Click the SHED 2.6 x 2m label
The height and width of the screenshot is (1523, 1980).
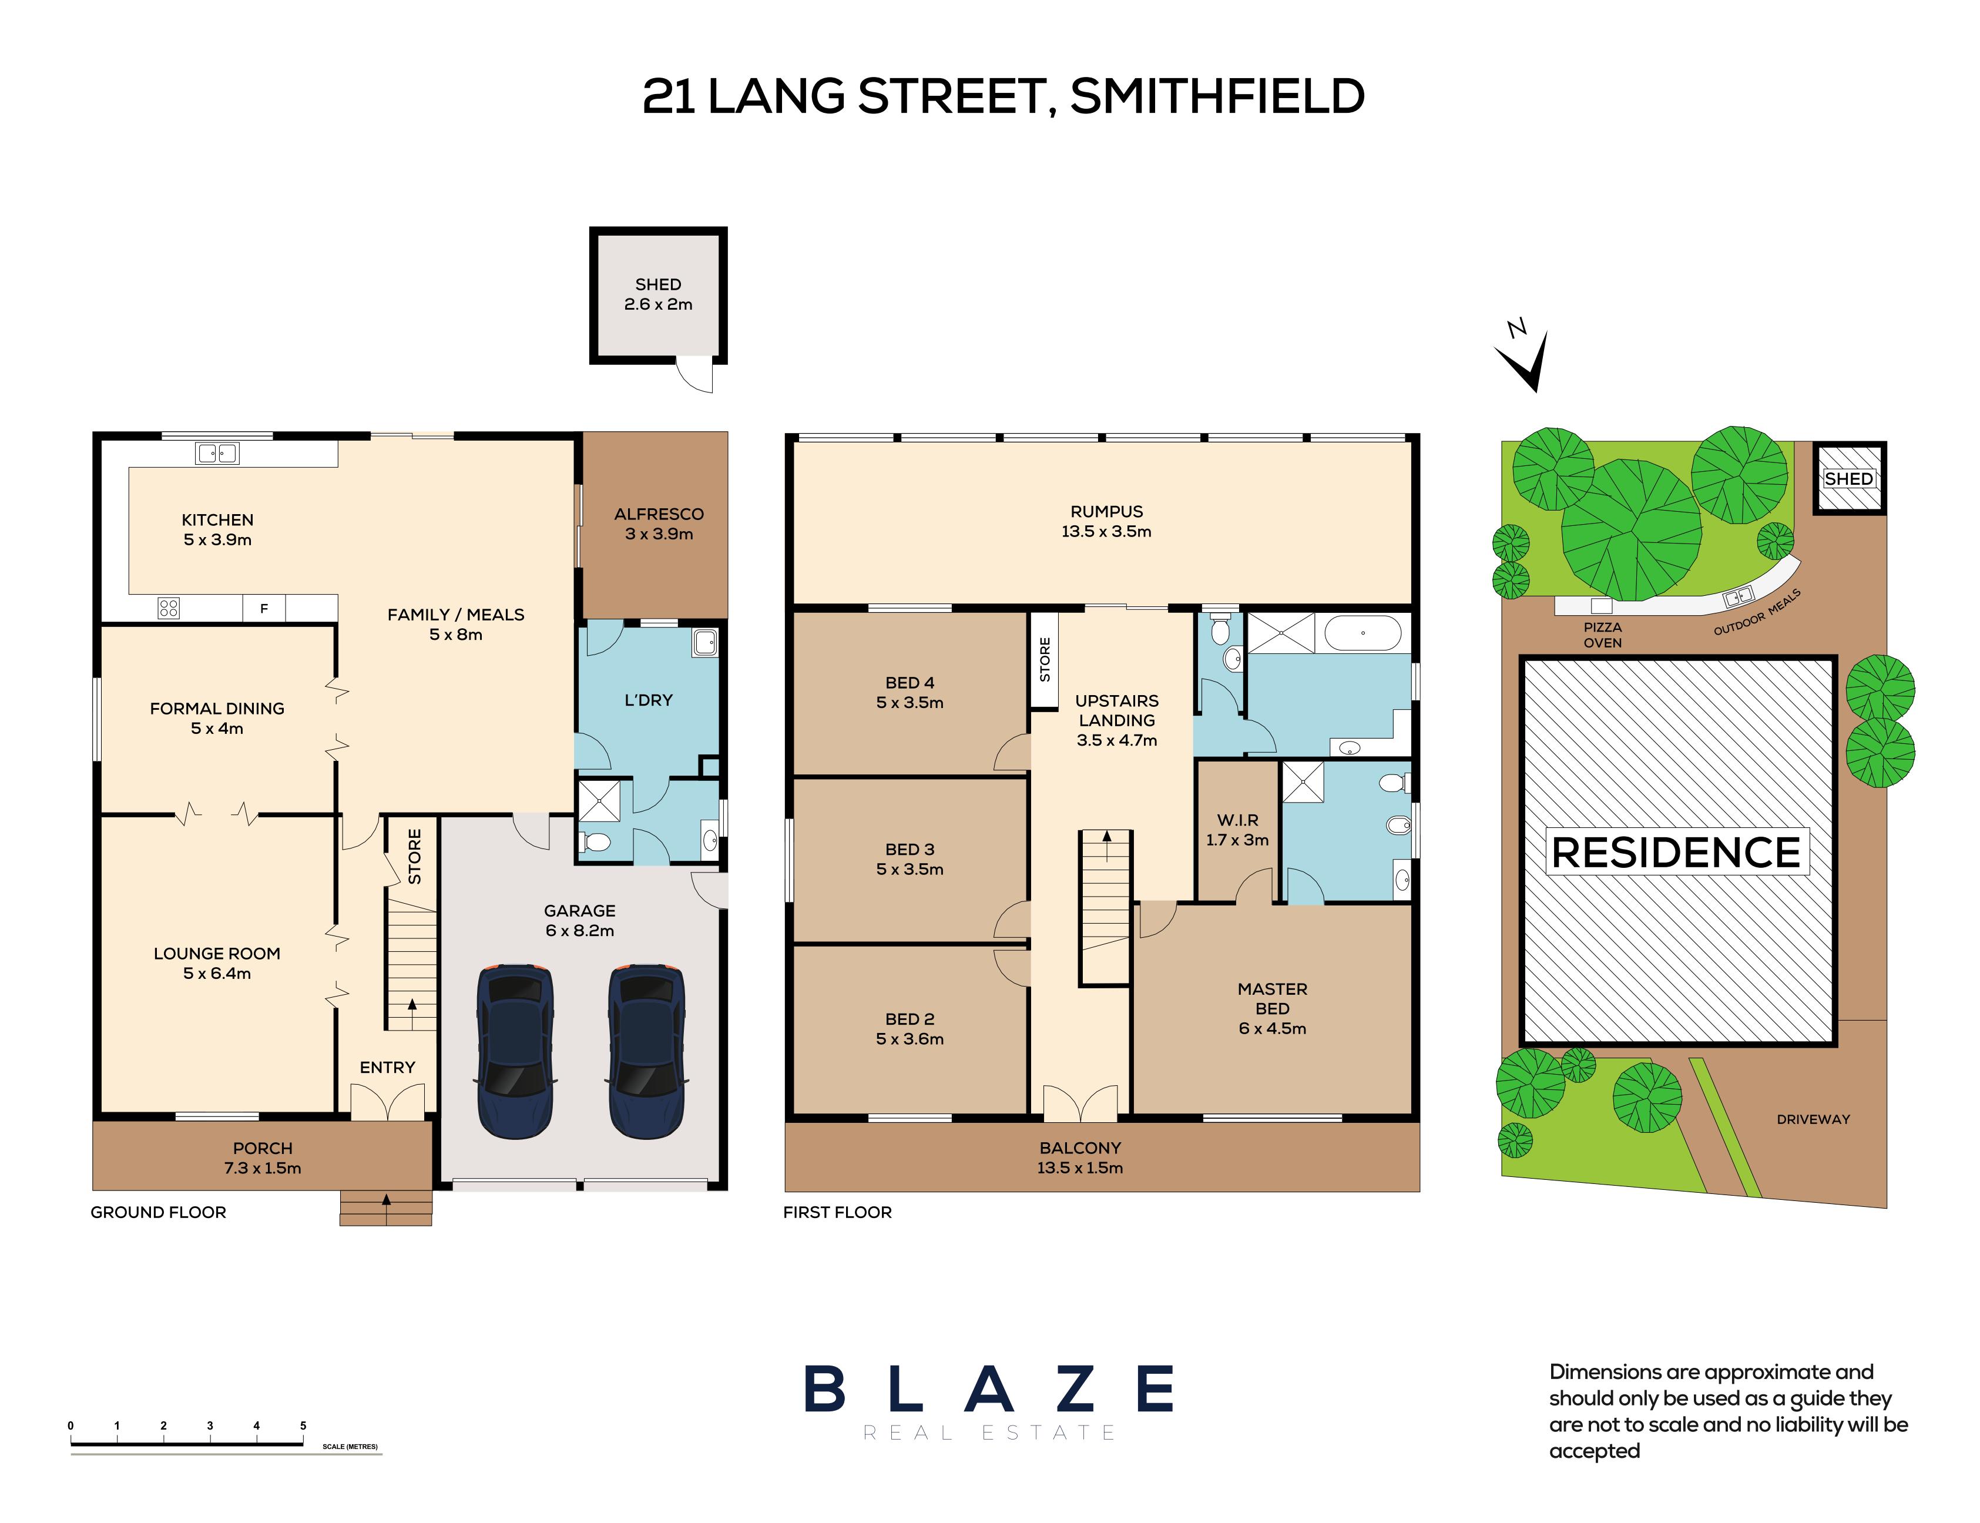(658, 294)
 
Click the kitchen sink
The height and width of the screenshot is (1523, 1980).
(217, 452)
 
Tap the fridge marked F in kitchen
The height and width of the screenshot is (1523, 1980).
(264, 608)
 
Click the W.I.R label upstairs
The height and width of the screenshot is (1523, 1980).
(1237, 820)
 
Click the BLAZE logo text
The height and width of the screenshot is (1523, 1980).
(989, 1390)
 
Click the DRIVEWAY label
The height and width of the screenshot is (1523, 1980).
(1813, 1119)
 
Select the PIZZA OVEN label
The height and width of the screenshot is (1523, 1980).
(1603, 635)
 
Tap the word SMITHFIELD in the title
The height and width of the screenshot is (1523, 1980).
(1217, 97)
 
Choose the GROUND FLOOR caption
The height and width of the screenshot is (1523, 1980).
(159, 1212)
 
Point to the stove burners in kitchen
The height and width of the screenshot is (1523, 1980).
(169, 608)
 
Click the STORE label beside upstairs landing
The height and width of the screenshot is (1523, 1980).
(1045, 659)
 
